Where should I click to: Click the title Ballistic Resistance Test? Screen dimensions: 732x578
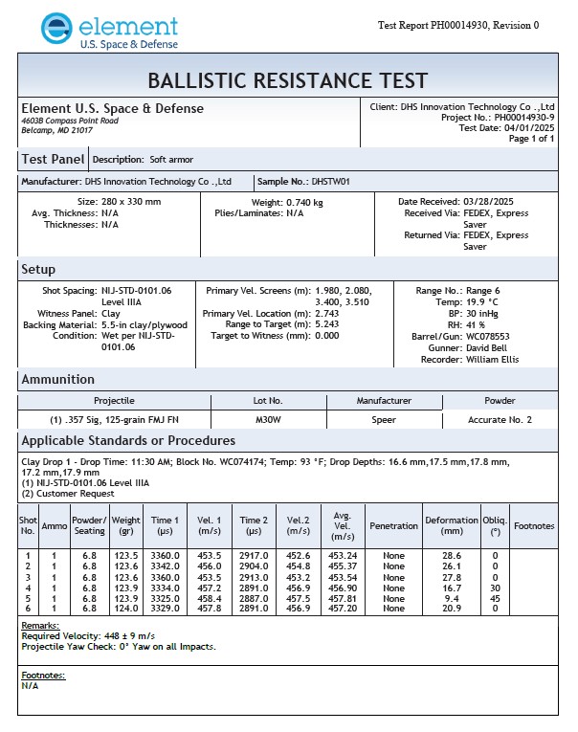(288, 79)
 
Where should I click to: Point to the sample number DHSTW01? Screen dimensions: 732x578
(331, 181)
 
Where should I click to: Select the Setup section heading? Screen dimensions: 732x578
(38, 269)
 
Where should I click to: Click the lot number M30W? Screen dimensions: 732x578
(268, 419)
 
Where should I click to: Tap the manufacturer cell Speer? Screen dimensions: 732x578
(383, 419)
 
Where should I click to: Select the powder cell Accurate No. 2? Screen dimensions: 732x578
(500, 419)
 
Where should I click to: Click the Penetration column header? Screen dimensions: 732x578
(393, 525)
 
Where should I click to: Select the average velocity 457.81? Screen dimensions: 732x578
(343, 598)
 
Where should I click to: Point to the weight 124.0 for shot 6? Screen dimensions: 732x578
(126, 609)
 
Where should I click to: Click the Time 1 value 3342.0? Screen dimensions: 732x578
(165, 566)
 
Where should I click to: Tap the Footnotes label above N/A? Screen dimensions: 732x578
(43, 675)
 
